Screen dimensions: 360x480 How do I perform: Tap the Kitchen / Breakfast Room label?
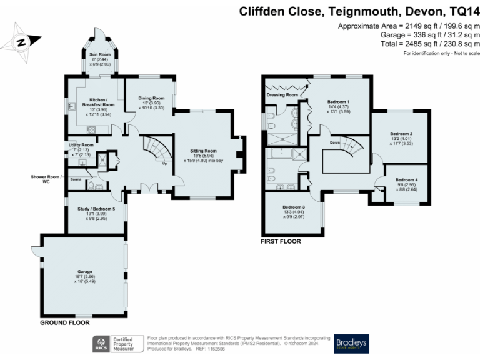(97, 101)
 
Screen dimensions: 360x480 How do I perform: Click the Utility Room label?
(81, 145)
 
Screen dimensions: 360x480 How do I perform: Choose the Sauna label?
(76, 179)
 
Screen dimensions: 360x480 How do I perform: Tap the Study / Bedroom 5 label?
(97, 209)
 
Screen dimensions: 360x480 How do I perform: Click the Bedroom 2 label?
(401, 134)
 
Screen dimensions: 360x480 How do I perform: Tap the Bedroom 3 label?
(293, 207)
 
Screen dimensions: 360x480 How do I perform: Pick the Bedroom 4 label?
(407, 180)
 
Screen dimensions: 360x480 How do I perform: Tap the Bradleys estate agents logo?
(351, 344)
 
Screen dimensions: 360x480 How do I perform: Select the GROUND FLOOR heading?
(65, 323)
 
